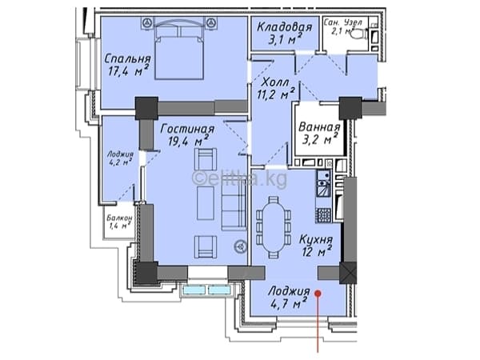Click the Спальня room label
pyautogui.click(x=128, y=58)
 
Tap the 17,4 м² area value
pyautogui.click(x=128, y=70)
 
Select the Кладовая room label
pyautogui.click(x=284, y=27)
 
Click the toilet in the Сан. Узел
pyautogui.click(x=359, y=34)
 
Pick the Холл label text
pyautogui.click(x=275, y=82)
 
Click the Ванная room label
pyautogui.click(x=319, y=127)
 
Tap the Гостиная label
pyautogui.click(x=187, y=129)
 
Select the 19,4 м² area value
pyautogui.click(x=189, y=141)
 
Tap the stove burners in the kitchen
pyautogui.click(x=323, y=215)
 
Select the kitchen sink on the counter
pyautogui.click(x=323, y=182)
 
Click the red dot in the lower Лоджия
pyautogui.click(x=318, y=294)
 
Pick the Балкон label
pyautogui.click(x=120, y=218)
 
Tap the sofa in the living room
pyautogui.click(x=234, y=207)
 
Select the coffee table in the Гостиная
pyautogui.click(x=206, y=203)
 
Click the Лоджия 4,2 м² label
pyautogui.click(x=120, y=158)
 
